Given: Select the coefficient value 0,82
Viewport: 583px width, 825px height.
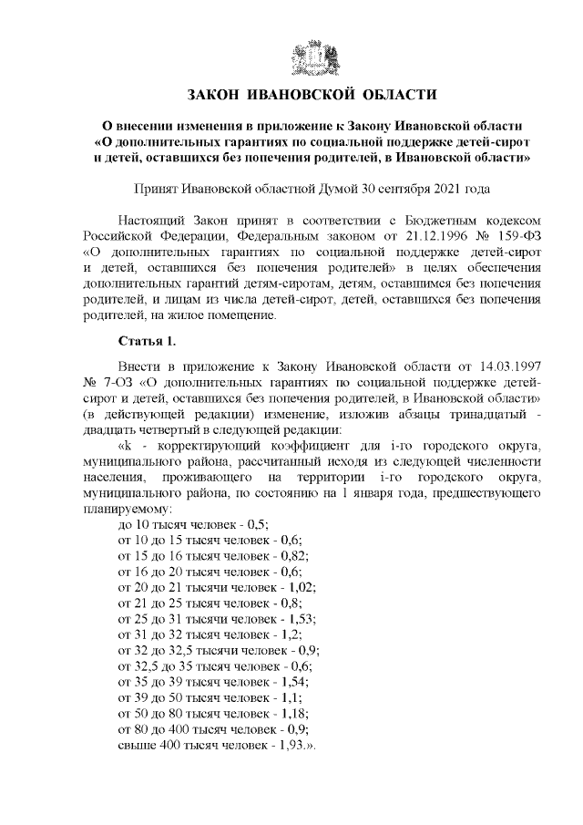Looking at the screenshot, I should point(293,556).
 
